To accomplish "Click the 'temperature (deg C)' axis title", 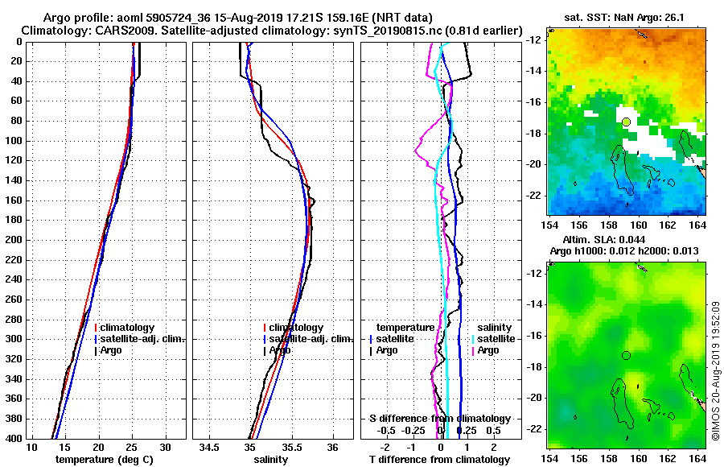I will [x=105, y=460].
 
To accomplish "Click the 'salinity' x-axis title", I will [x=272, y=460].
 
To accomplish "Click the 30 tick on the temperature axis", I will [x=165, y=447].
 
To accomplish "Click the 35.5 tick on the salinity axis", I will [x=291, y=447].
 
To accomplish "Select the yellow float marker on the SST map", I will [x=626, y=122].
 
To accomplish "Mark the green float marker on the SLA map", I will [x=626, y=355].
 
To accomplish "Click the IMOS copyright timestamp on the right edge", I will [x=715, y=370].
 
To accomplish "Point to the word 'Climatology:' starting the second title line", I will [x=58, y=30].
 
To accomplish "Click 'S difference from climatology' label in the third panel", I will [x=440, y=419].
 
